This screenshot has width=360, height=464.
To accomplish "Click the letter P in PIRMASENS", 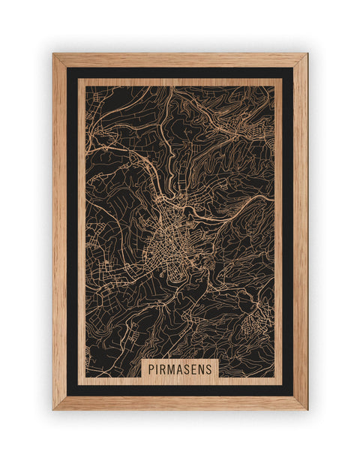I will click(151, 369).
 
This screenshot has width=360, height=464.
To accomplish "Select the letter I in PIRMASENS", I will click(157, 369).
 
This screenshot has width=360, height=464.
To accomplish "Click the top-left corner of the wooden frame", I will click(53, 54).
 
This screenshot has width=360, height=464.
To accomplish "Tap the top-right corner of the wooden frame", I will click(307, 54).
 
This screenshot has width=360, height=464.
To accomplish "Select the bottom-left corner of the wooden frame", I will click(53, 409).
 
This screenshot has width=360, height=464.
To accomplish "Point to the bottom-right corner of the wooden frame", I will click(307, 409).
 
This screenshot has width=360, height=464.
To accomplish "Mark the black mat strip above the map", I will click(180, 73).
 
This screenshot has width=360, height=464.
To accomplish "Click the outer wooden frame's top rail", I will click(180, 60).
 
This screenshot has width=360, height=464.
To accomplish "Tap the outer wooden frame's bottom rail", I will click(180, 403).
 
